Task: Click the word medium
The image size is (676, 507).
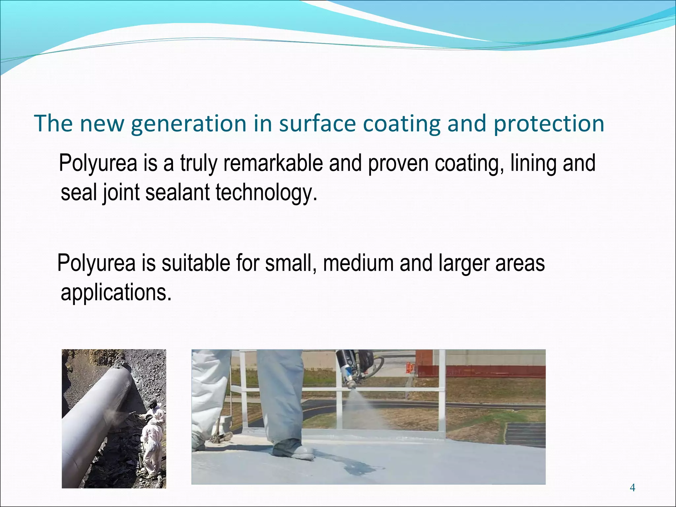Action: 358,263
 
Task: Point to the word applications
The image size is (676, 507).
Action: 116,292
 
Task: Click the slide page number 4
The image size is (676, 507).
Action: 632,487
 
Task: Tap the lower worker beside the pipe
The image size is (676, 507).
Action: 151,449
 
